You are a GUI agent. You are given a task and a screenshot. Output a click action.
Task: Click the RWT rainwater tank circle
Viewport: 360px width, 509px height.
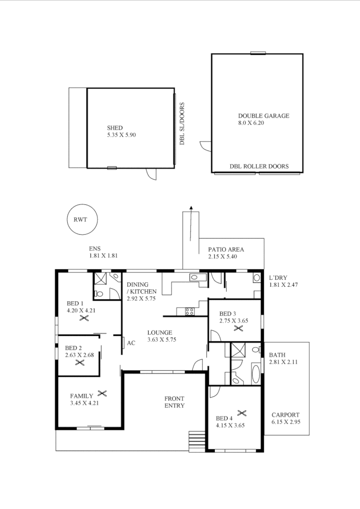click(x=83, y=219)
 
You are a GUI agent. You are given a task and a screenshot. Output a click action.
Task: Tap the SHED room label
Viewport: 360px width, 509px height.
click(x=115, y=128)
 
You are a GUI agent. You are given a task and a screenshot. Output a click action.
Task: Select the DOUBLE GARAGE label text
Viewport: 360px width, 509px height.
click(x=264, y=116)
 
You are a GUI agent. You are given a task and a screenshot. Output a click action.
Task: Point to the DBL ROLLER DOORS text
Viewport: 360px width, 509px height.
click(x=259, y=167)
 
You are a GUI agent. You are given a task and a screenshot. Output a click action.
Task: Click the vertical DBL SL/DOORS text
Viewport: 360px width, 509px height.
click(x=182, y=124)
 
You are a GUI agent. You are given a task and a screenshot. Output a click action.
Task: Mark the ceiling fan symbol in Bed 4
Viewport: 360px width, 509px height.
click(x=242, y=413)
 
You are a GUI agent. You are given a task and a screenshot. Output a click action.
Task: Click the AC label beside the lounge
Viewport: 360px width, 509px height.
click(x=131, y=343)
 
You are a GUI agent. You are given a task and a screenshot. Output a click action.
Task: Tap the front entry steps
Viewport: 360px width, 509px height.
click(x=196, y=440)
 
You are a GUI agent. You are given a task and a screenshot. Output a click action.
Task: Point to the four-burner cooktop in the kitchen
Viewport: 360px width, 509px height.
click(x=189, y=312)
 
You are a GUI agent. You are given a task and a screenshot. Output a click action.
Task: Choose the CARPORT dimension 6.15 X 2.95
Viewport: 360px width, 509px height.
click(x=286, y=422)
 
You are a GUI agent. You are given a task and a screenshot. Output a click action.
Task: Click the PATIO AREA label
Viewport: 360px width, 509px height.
click(x=226, y=250)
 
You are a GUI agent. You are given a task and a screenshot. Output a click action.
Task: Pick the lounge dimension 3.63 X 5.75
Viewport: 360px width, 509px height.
click(x=162, y=339)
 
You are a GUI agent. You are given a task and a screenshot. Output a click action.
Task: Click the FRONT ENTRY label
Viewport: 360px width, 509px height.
click(x=175, y=402)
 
